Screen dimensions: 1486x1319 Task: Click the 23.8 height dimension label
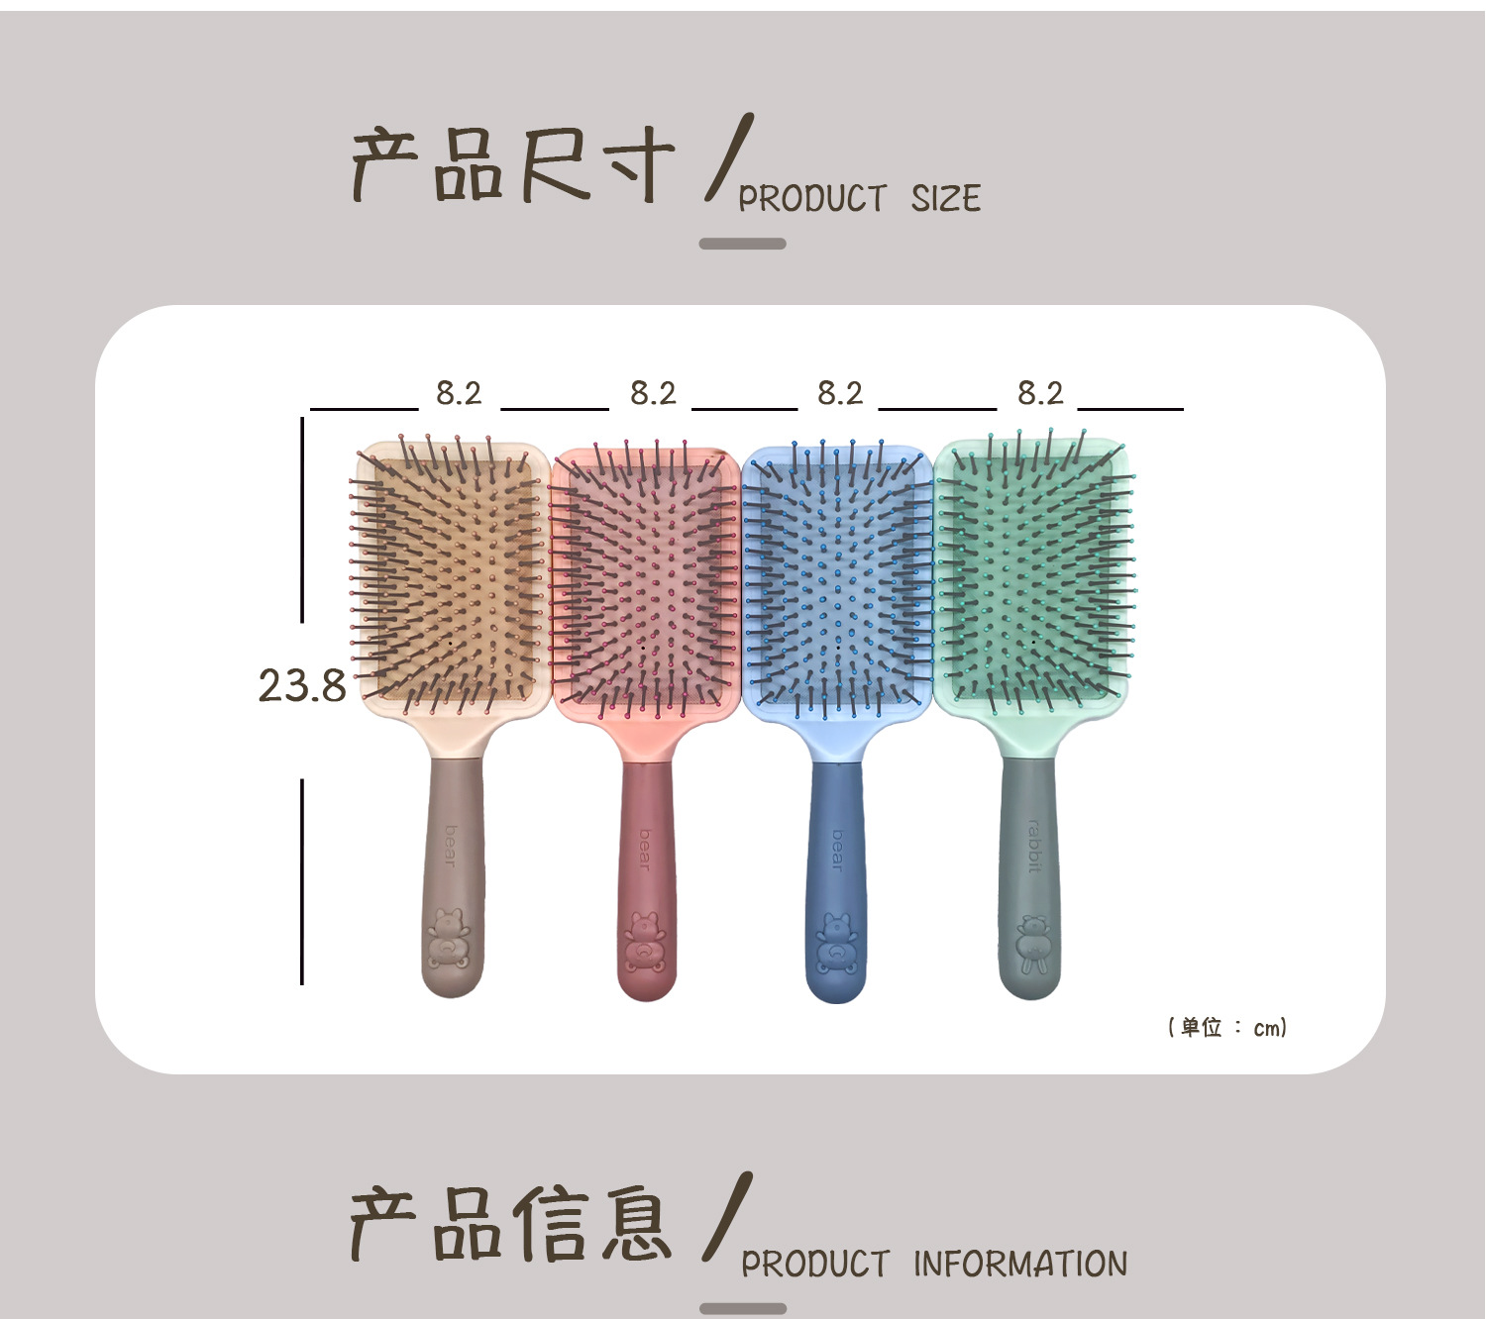pyautogui.click(x=302, y=685)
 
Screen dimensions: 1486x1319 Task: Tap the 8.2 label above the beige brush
pyautogui.click(x=459, y=394)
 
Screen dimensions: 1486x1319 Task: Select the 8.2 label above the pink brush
pyautogui.click(x=653, y=394)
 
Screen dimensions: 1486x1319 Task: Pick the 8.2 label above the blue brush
pyautogui.click(x=840, y=394)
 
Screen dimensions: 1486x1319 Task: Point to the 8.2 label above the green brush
pyautogui.click(x=1040, y=394)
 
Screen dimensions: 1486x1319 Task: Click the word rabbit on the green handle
pyautogui.click(x=1033, y=846)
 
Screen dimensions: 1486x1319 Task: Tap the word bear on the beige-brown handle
pyautogui.click(x=451, y=846)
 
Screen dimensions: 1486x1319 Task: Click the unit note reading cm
pyautogui.click(x=1227, y=1027)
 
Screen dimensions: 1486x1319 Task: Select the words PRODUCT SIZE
pyautogui.click(x=859, y=199)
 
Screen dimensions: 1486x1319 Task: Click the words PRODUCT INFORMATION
pyautogui.click(x=934, y=1265)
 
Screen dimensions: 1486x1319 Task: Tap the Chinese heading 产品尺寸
pyautogui.click(x=513, y=165)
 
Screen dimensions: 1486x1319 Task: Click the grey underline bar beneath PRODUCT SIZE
pyautogui.click(x=742, y=244)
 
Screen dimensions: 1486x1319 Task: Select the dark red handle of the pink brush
pyautogui.click(x=646, y=871)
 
